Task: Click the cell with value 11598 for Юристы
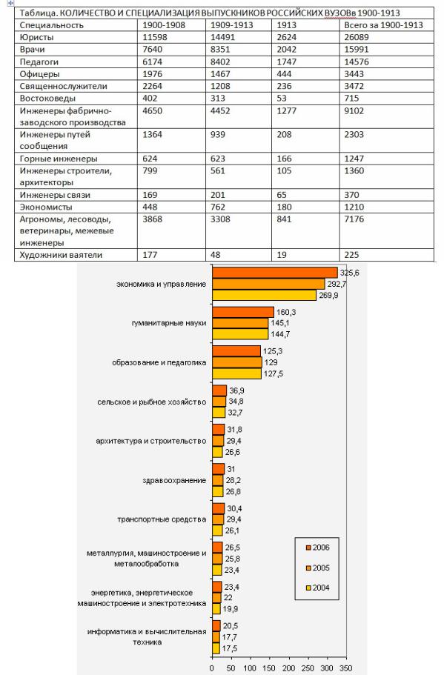point(155,37)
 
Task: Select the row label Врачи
point(33,49)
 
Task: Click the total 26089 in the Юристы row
point(357,37)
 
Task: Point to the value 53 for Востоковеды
point(282,98)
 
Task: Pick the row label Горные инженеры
point(59,159)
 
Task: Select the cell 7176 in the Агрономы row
point(354,219)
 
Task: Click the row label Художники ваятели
point(62,255)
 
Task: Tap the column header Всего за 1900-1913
point(384,25)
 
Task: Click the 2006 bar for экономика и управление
point(275,273)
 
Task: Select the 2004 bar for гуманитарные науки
point(240,334)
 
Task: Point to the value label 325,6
point(349,273)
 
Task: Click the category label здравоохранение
point(174,480)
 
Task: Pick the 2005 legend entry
point(317,568)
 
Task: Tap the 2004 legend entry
point(317,588)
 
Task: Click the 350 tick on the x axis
point(346,668)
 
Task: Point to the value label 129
point(271,362)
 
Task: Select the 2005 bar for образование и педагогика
point(237,362)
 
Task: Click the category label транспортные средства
point(162,519)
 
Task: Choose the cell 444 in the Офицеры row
point(284,74)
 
